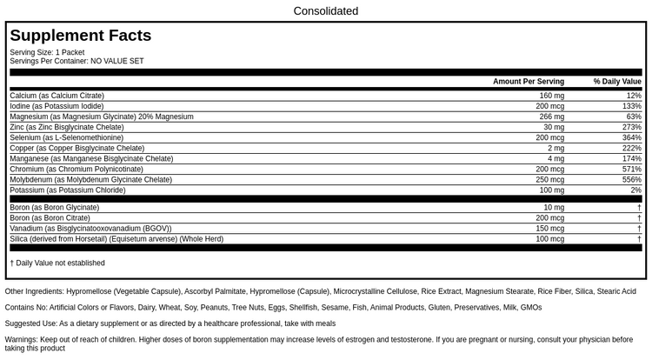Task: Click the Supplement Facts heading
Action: click(x=80, y=36)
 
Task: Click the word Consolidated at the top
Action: click(x=326, y=11)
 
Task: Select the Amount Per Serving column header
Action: click(x=529, y=81)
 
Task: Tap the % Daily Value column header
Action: click(x=617, y=81)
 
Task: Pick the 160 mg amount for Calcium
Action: click(x=552, y=96)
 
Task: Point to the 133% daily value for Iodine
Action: click(x=632, y=106)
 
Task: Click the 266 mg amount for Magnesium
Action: click(x=552, y=117)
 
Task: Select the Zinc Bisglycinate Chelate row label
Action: click(x=66, y=127)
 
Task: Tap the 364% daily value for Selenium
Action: click(x=632, y=137)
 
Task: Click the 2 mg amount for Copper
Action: click(x=556, y=148)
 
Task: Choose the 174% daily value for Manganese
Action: click(x=632, y=158)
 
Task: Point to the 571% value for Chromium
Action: click(x=632, y=169)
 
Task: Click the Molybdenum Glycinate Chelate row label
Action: click(x=90, y=179)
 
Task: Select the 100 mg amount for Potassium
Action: click(x=552, y=190)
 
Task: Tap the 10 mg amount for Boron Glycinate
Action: click(x=554, y=207)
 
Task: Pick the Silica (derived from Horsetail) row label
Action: click(x=116, y=238)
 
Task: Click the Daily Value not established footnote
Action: click(x=57, y=263)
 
